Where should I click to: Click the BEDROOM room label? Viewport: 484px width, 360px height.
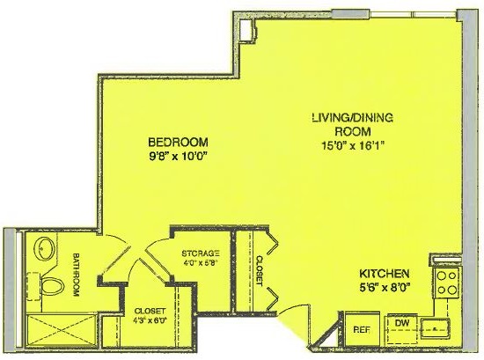tap(178, 143)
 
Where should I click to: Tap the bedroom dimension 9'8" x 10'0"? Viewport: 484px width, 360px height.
tap(178, 157)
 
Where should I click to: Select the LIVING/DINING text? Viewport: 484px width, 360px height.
tap(353, 118)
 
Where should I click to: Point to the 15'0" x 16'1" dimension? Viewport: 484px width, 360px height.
tap(353, 145)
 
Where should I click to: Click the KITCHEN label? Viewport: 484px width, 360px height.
tap(385, 274)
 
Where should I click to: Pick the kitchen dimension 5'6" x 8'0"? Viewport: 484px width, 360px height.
tap(385, 288)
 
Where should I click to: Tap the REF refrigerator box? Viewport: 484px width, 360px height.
tap(362, 330)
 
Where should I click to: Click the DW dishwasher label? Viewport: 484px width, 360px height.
tap(402, 323)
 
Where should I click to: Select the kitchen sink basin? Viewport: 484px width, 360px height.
tap(436, 329)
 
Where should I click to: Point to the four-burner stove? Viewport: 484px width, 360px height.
tap(446, 283)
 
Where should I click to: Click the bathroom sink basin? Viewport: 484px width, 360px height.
tap(43, 248)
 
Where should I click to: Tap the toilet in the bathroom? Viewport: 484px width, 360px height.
tap(52, 286)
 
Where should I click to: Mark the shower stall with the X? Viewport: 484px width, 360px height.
tap(62, 330)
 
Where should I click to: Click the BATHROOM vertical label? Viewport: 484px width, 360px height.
tap(76, 275)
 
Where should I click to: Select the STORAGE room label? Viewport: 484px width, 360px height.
tap(201, 253)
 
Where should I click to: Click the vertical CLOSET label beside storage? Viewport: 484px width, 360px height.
tap(260, 271)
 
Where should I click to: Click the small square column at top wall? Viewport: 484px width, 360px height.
tap(247, 30)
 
